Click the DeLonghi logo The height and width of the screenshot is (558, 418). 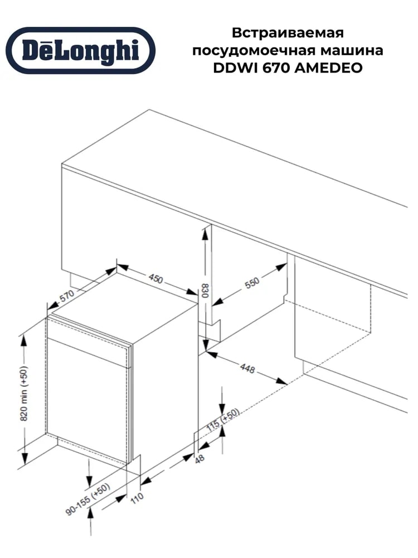coord(81,50)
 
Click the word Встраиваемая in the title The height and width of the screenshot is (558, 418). coord(288,33)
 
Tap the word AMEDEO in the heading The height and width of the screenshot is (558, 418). coord(329,68)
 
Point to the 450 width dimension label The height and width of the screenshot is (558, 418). coord(155,278)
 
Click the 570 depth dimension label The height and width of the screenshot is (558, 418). coord(67,295)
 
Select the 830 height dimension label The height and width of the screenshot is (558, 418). coord(205,291)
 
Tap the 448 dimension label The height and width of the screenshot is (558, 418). coord(247,368)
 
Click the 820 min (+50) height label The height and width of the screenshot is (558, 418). coord(24,393)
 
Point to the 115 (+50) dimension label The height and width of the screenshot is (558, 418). coord(223,420)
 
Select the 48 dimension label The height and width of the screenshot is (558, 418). coord(200,458)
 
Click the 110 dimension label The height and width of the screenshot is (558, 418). coord(137,497)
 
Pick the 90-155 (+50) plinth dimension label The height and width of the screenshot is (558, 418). coord(88,499)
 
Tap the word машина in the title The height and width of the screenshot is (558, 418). coord(352,50)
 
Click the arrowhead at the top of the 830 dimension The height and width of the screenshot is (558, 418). coord(205,235)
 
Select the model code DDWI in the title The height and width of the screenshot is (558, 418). coord(235,68)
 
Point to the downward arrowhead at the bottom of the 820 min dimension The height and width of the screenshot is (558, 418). coord(24,458)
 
